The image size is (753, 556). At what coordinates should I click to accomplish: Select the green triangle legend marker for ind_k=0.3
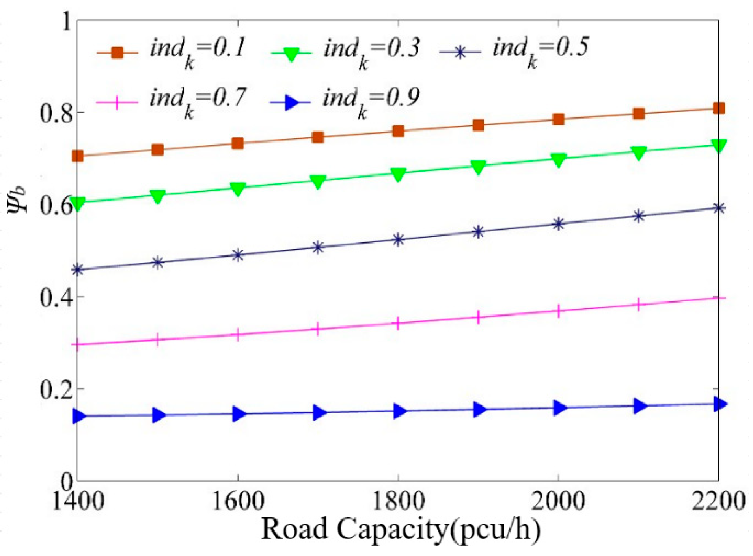click(x=291, y=54)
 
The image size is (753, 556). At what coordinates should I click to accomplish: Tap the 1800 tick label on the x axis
click(x=398, y=501)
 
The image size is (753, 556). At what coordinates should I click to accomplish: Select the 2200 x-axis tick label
click(x=718, y=501)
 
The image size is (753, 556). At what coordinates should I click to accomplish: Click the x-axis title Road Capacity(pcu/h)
click(x=400, y=529)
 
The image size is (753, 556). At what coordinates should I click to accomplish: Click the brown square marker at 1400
click(x=77, y=156)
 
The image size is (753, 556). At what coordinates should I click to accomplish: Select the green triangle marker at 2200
click(x=719, y=146)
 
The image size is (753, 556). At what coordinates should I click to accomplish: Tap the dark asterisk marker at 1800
click(x=398, y=240)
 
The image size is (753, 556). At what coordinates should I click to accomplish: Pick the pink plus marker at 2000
click(x=558, y=311)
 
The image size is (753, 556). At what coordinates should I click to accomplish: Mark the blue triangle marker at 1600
click(x=239, y=414)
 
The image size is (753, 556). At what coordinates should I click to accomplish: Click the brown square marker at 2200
click(x=719, y=108)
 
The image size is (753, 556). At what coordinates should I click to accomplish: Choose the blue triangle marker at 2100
click(x=639, y=406)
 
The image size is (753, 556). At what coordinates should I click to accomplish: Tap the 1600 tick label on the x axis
click(x=238, y=501)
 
